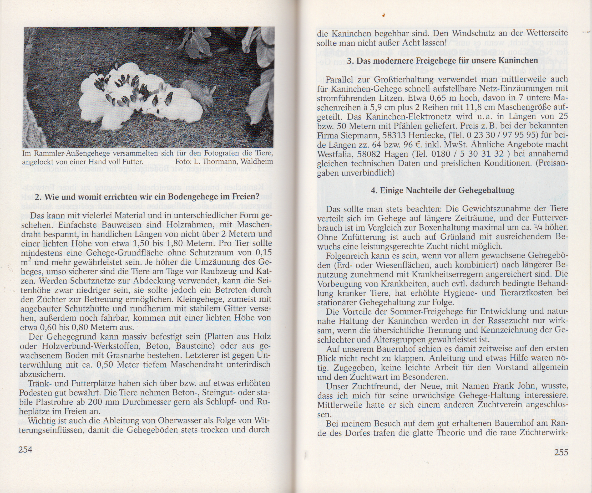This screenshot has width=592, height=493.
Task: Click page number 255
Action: point(561,452)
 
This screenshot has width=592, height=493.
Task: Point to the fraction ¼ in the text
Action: point(539,227)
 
